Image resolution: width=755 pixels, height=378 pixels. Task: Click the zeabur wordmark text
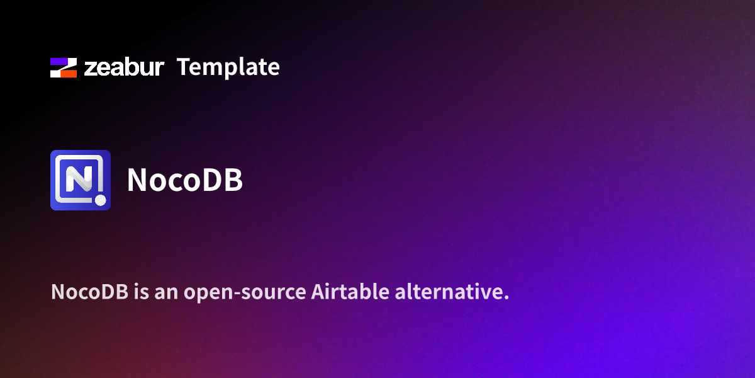[124, 67]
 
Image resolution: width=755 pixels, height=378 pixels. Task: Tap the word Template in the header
[228, 67]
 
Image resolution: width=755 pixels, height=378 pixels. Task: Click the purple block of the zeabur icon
[60, 62]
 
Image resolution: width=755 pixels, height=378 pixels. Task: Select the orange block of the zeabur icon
[68, 73]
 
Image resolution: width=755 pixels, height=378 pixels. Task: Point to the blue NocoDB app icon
[81, 180]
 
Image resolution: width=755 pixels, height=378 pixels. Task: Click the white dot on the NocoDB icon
[100, 201]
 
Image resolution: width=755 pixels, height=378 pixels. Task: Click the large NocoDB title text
[184, 180]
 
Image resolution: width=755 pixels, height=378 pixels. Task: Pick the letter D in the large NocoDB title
[212, 180]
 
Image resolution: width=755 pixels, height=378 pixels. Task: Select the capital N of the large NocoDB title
[137, 180]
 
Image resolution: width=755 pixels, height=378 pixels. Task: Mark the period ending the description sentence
[506, 298]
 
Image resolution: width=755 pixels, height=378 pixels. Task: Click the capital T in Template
[184, 67]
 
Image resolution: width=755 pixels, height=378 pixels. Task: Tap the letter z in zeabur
[89, 69]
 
